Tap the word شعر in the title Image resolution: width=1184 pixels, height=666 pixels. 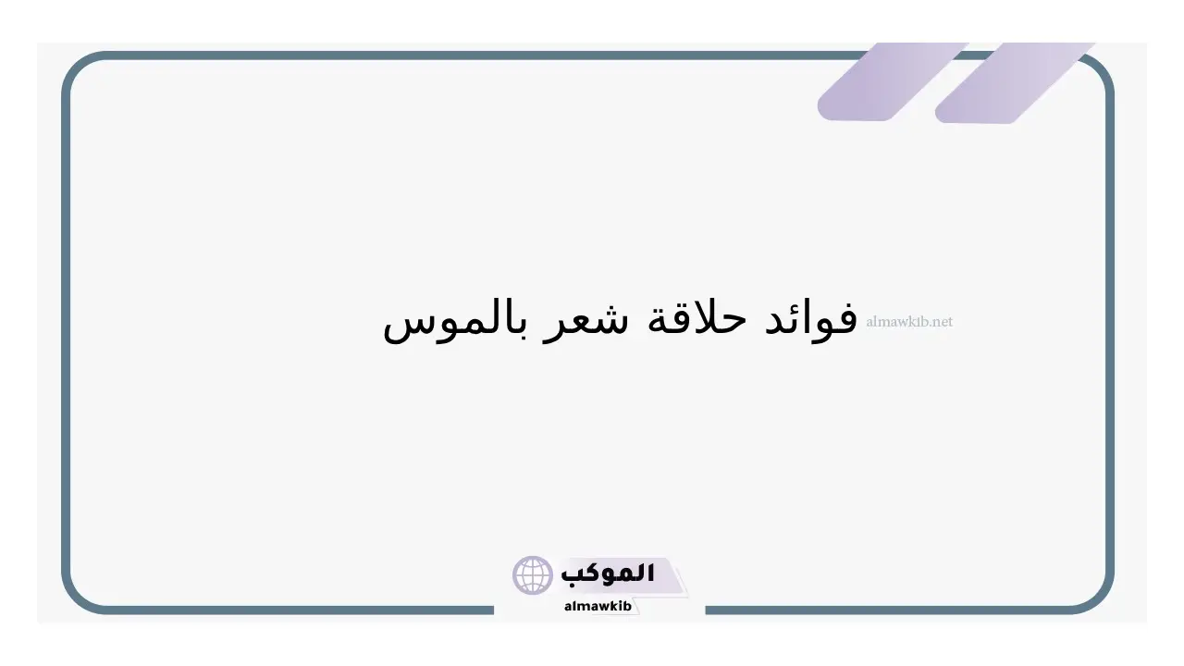point(586,324)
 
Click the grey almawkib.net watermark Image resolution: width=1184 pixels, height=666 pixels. point(909,321)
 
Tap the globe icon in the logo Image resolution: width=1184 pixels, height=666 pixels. point(532,575)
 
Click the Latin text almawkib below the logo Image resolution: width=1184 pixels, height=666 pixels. point(598,606)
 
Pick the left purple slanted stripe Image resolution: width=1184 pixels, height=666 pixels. point(893,82)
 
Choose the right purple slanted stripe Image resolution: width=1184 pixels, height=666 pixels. point(1014,83)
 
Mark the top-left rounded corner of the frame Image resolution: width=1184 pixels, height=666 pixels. point(80,68)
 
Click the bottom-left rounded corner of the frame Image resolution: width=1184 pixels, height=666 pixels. point(80,597)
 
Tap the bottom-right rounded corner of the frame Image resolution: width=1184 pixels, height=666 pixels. point(1096,597)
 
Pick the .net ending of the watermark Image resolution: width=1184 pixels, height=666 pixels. point(942,322)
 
